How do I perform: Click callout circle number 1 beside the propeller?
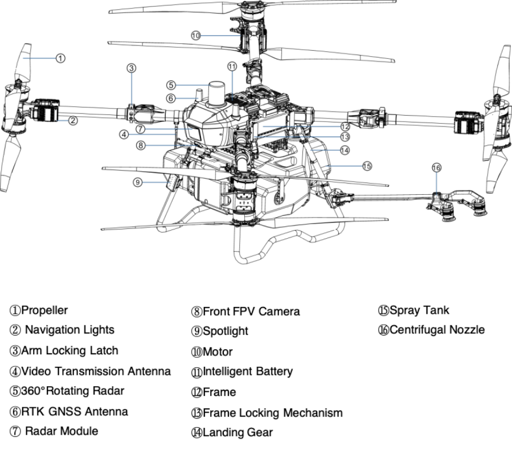60,58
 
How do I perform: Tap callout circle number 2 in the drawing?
73,120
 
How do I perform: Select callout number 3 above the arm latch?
132,68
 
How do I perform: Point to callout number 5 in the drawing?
171,85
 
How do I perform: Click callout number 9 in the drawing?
138,182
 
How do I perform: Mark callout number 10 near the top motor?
196,35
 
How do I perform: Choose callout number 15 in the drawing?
367,166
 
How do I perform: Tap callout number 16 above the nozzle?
436,167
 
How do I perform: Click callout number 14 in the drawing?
345,150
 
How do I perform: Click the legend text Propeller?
44,310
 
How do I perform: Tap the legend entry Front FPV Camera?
251,312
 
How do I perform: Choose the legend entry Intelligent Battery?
247,371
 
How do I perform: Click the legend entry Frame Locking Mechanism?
272,412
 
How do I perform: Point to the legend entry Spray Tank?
419,310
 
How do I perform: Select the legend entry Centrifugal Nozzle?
436,330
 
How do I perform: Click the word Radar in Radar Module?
39,431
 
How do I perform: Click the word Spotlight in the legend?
225,331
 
